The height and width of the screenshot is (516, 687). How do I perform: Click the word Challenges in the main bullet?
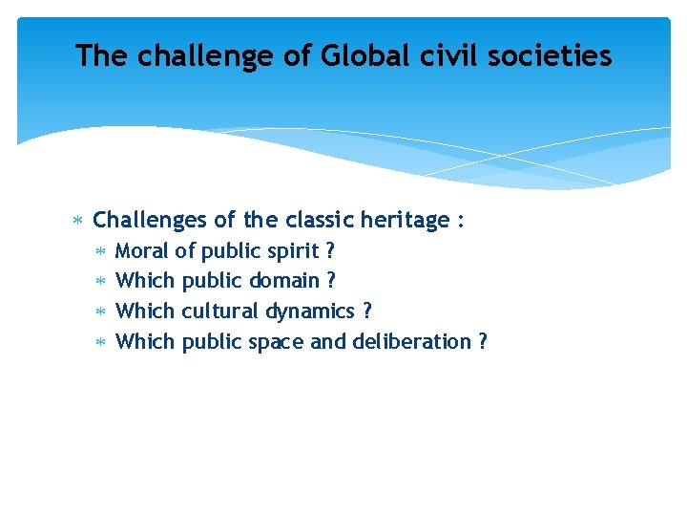point(151,221)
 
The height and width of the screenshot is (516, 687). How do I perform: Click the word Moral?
point(141,251)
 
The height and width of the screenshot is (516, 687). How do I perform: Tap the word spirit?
point(293,251)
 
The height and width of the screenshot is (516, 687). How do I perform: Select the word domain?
point(283,281)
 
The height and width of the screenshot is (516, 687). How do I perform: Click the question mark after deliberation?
point(482,342)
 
